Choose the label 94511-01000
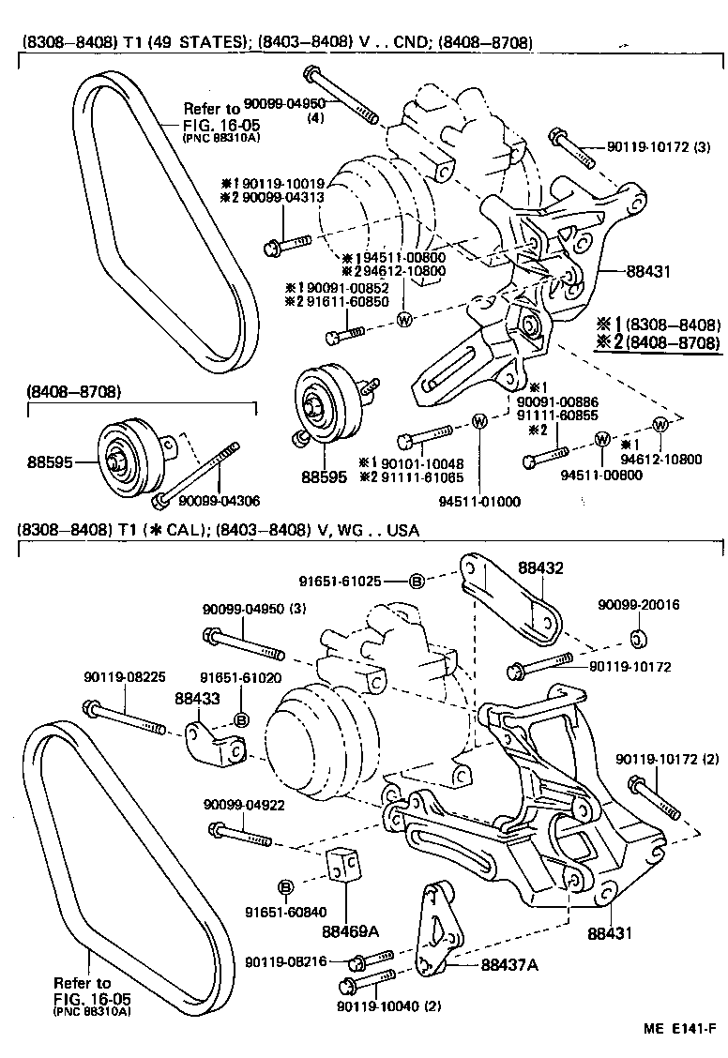[x=479, y=502]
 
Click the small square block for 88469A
[x=344, y=867]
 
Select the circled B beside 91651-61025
[x=417, y=582]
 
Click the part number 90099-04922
[x=239, y=804]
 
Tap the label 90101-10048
[x=410, y=463]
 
